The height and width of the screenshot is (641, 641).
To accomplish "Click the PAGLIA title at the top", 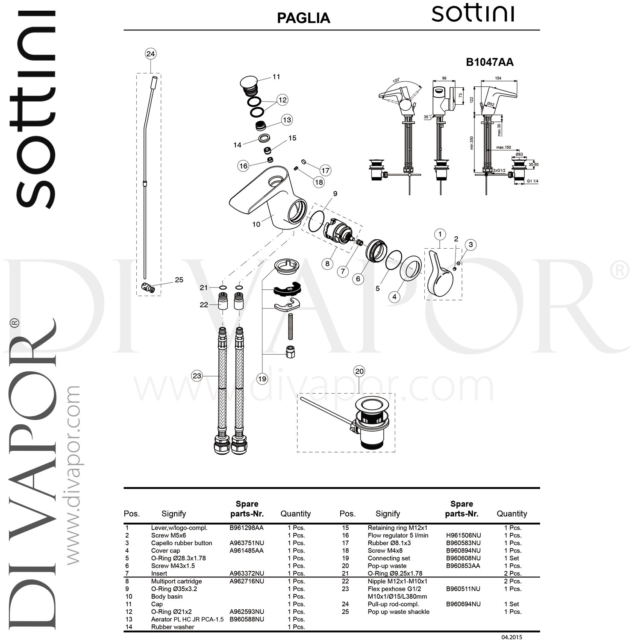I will pos(303,18).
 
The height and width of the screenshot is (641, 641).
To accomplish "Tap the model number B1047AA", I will pos(489,62).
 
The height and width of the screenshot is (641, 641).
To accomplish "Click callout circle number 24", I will pos(150,54).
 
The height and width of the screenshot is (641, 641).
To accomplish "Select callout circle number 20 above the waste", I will pos(359,371).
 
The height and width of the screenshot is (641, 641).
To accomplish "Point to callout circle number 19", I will pos(262,379).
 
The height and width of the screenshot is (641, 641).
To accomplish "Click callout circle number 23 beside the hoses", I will pos(197,376).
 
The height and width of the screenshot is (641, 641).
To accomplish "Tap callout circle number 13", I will pos(287,120).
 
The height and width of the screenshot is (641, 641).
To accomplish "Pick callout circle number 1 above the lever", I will pos(440,234).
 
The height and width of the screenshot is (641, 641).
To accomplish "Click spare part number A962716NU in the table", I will pos(247,581).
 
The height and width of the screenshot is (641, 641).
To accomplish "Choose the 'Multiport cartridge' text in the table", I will pos(176,581).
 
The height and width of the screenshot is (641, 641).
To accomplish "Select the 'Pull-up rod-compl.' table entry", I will pos(393,604).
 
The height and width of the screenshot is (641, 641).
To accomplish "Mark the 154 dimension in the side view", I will pos(498,78).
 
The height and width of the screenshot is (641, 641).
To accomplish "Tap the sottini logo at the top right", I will pos(473,14).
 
